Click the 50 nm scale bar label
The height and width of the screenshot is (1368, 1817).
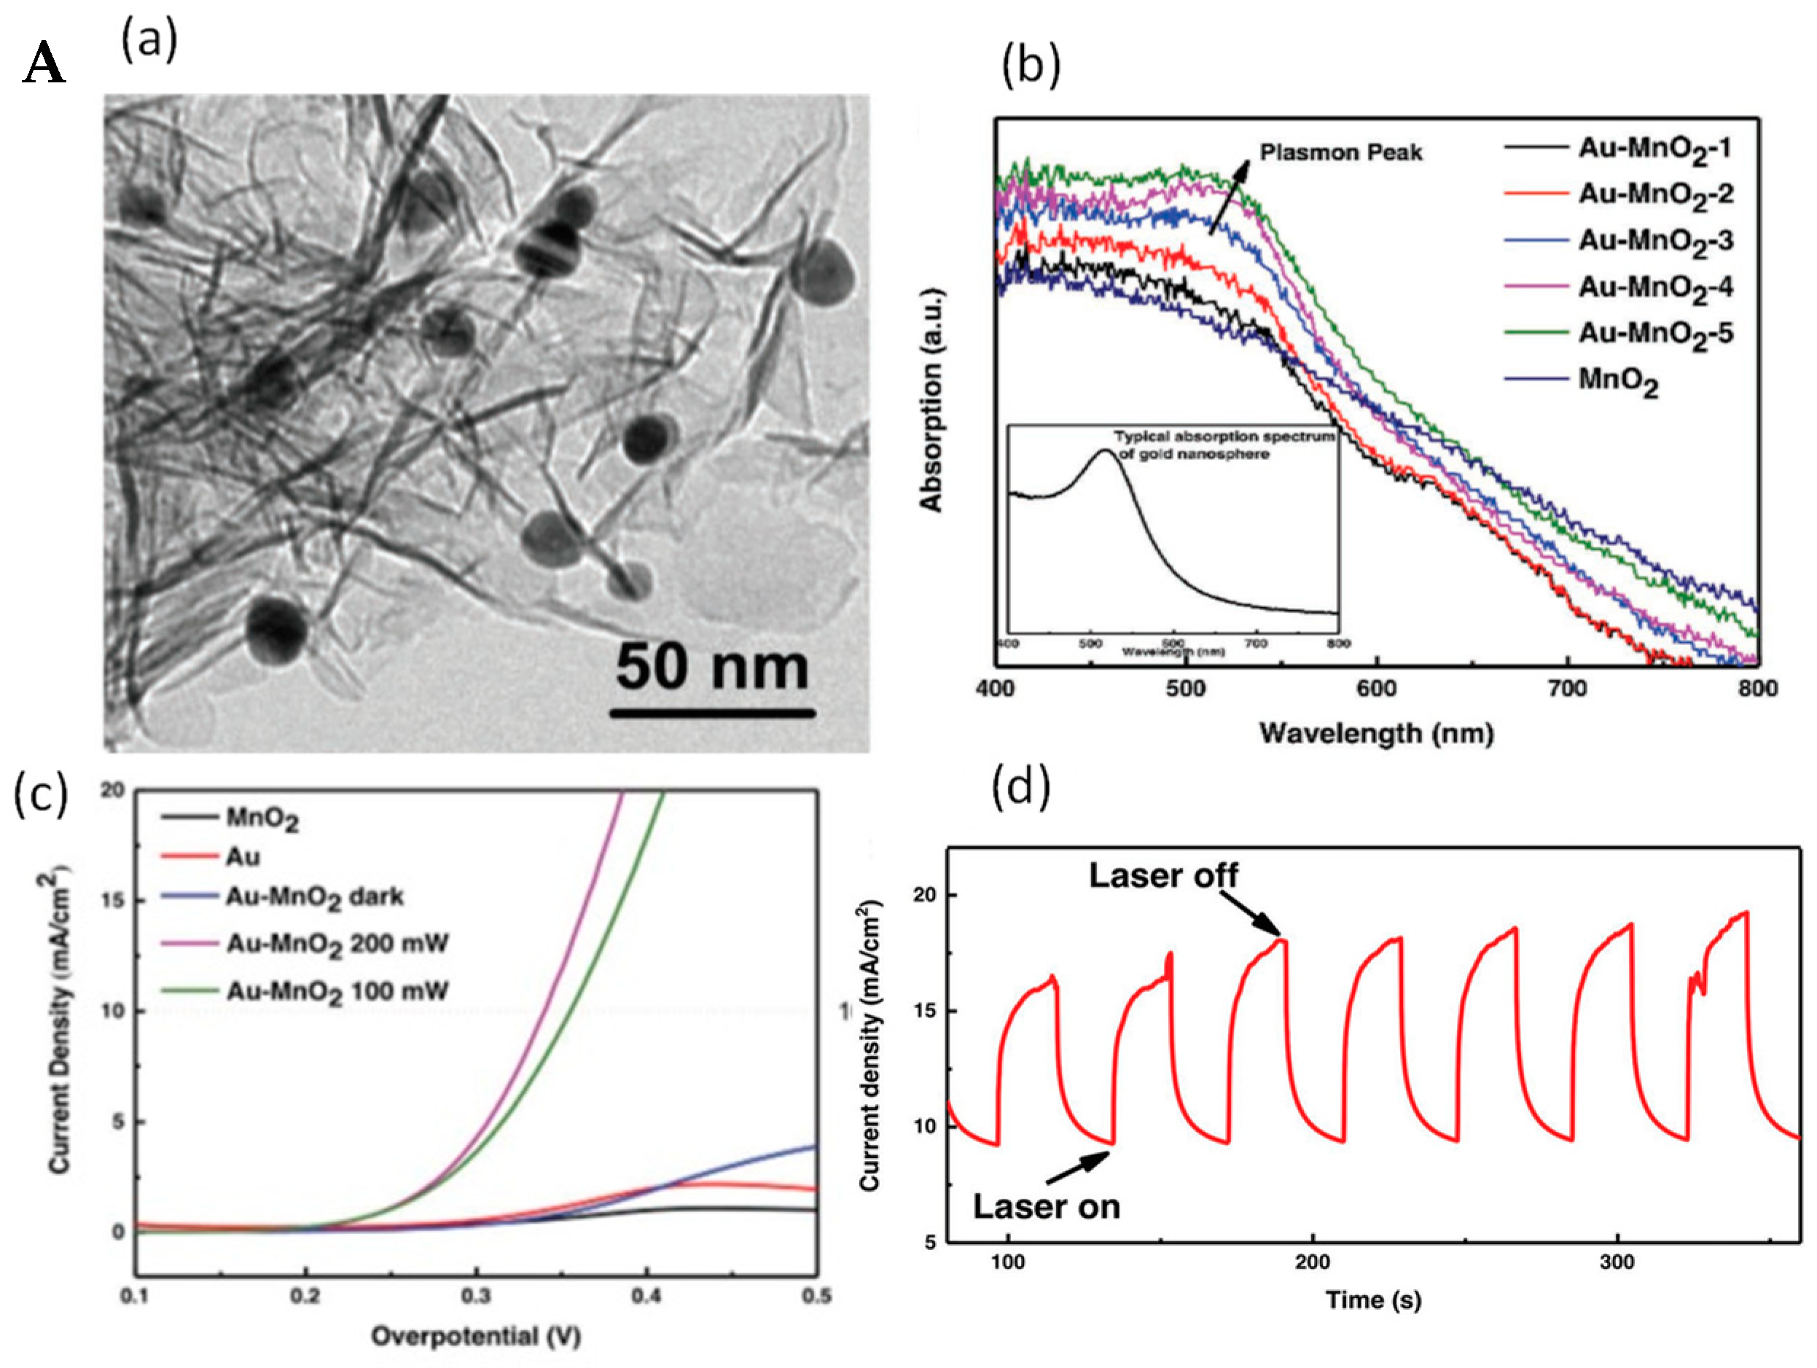[712, 667]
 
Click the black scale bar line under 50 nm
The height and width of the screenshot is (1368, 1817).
[712, 712]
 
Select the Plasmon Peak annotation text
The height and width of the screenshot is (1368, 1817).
[1340, 153]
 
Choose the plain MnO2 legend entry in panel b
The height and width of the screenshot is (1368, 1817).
[1617, 381]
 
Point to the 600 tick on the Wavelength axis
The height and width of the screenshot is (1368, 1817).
[1377, 689]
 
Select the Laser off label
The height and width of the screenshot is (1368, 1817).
[1163, 876]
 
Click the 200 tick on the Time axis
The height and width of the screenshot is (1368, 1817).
[1313, 1262]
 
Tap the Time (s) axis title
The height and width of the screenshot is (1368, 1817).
[1373, 1299]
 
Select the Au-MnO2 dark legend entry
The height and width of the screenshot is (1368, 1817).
[315, 897]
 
